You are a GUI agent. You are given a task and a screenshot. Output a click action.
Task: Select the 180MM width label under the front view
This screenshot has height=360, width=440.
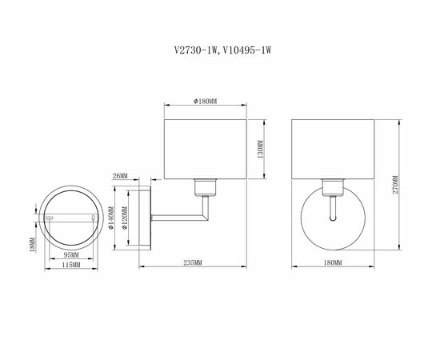331,262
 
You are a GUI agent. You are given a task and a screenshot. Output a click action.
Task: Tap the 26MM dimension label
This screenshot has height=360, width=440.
121,175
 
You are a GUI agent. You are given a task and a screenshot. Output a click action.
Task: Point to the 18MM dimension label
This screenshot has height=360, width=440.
33,242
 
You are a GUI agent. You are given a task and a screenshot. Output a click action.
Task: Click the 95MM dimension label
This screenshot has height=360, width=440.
70,255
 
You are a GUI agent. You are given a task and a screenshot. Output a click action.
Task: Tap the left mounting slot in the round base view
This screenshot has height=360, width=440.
50,218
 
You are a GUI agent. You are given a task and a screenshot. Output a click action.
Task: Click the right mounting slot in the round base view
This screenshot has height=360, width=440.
93,218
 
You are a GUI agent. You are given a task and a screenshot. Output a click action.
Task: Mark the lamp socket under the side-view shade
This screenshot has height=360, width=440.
205,188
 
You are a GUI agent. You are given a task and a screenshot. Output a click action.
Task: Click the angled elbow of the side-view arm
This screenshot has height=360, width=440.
205,215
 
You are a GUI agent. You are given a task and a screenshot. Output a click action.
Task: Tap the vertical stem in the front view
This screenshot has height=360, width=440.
331,210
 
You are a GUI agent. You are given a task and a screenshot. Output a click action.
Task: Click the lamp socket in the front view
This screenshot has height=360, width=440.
331,189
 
